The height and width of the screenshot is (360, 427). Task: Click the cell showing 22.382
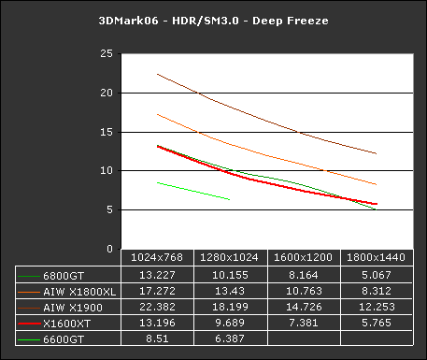(158, 307)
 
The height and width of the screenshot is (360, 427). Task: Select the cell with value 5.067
(377, 275)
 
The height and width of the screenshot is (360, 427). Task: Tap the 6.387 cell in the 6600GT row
(231, 338)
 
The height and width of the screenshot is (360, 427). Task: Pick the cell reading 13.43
(231, 291)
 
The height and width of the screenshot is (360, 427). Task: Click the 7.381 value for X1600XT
(304, 323)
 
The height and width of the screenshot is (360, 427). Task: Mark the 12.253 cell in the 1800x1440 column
(377, 307)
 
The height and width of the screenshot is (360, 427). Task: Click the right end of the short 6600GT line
(230, 199)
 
